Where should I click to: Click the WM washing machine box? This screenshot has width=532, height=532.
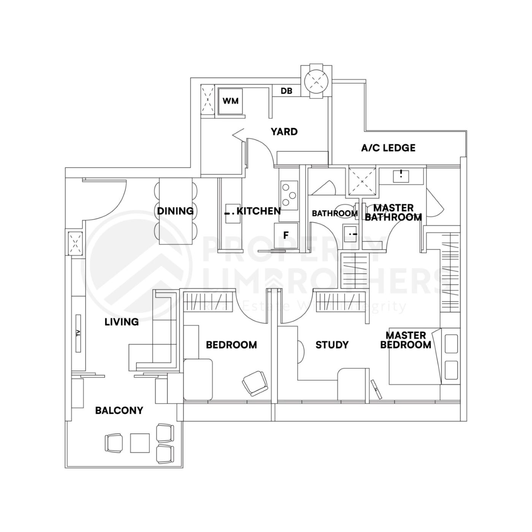(231, 101)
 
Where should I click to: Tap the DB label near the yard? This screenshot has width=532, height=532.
(286, 91)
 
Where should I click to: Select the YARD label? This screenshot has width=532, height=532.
(284, 132)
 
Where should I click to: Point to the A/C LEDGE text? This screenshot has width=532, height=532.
(388, 148)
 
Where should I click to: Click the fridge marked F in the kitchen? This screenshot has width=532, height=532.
(286, 236)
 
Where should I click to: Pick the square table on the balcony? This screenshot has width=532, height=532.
(139, 443)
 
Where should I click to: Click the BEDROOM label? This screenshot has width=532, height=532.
(231, 345)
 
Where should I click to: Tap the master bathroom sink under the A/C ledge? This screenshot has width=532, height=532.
(401, 176)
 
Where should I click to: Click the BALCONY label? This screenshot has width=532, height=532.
(119, 410)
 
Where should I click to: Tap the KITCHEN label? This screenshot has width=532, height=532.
(258, 211)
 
